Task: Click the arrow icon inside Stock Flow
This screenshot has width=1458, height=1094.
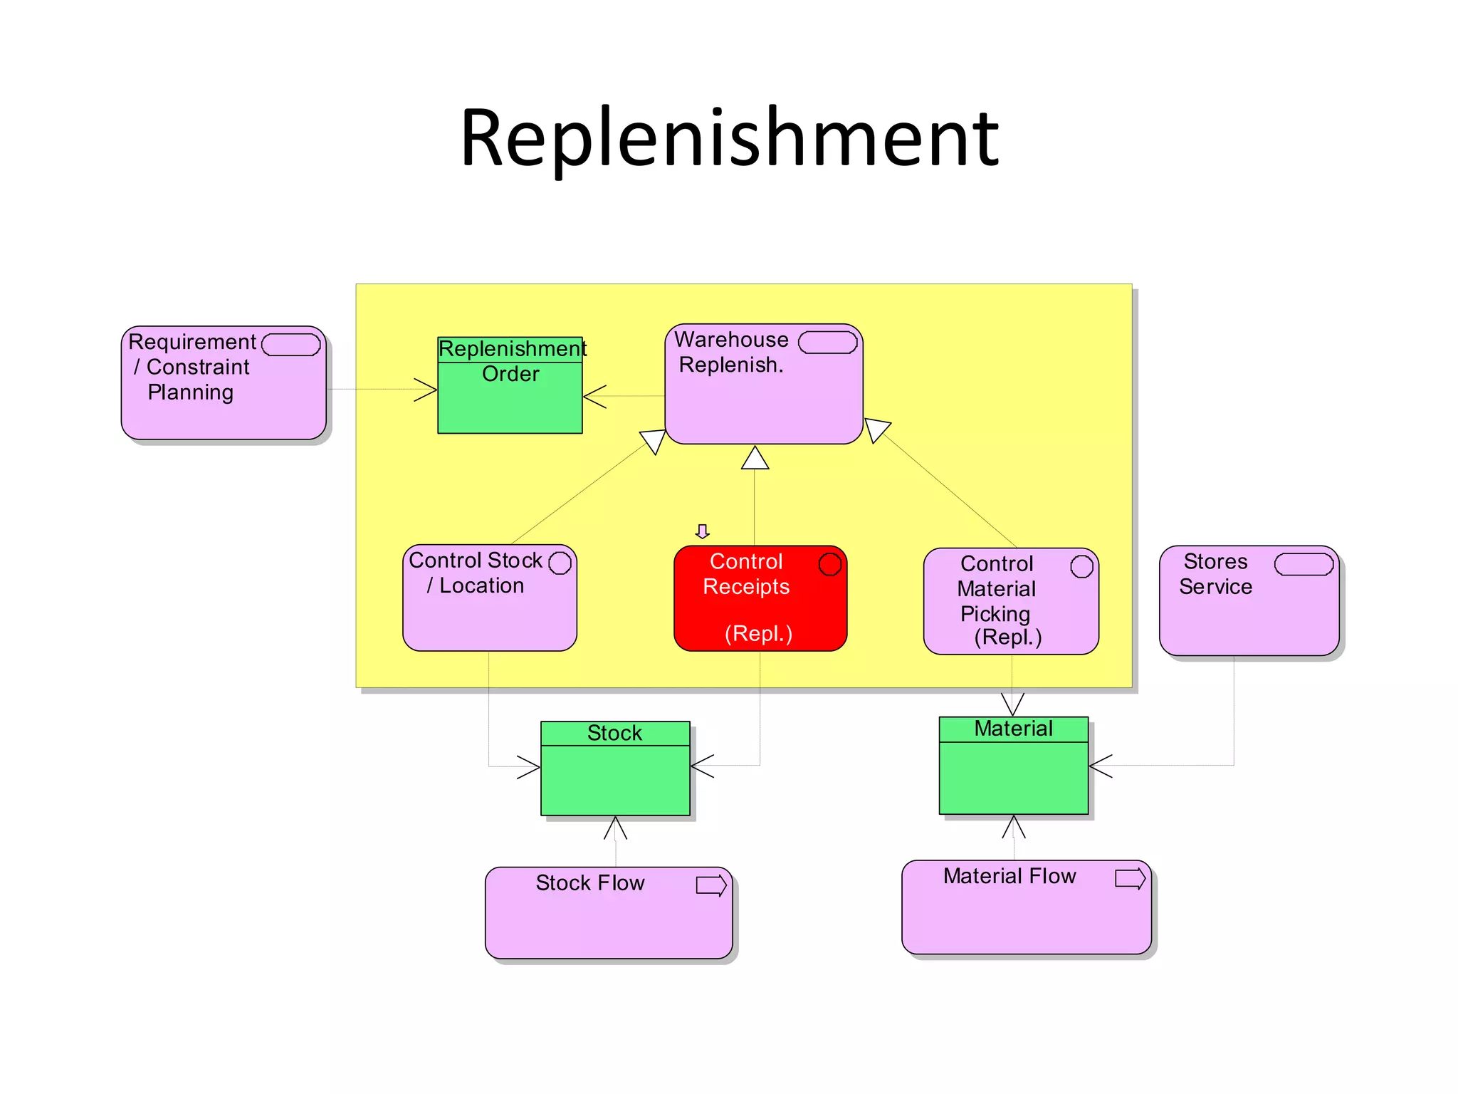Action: pyautogui.click(x=711, y=885)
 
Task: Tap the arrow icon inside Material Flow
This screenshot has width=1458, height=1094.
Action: pyautogui.click(x=1130, y=878)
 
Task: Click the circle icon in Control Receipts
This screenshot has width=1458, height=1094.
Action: pyautogui.click(x=829, y=564)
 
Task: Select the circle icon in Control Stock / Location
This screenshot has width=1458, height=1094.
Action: pyautogui.click(x=560, y=563)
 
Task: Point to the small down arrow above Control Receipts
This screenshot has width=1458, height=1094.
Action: pyautogui.click(x=703, y=531)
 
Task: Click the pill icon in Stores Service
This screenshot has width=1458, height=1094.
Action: pyautogui.click(x=1304, y=564)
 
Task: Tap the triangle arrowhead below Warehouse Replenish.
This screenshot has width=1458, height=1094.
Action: pyautogui.click(x=755, y=459)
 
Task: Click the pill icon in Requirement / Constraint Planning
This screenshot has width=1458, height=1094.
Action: pyautogui.click(x=290, y=345)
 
